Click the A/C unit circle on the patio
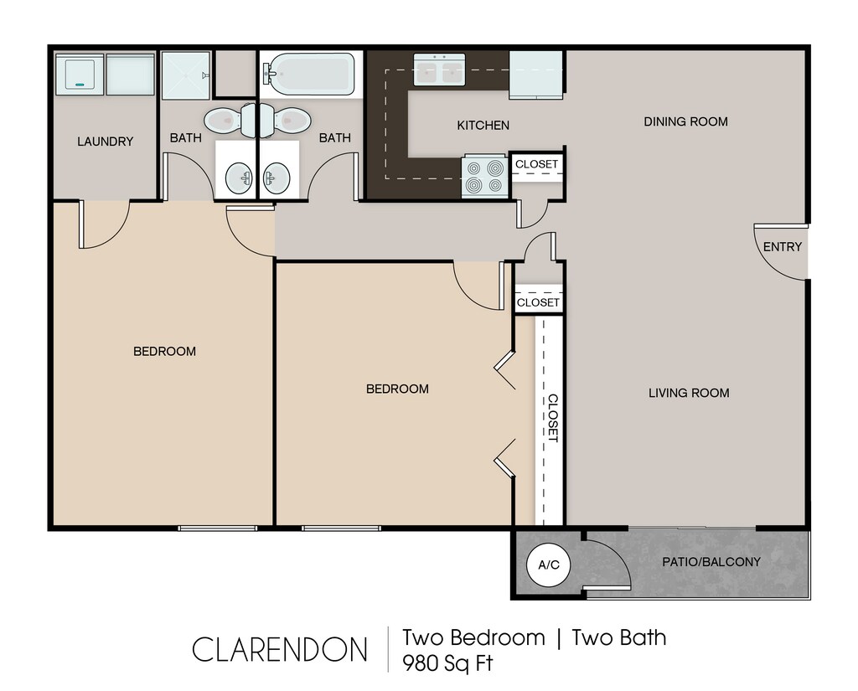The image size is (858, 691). coord(548,565)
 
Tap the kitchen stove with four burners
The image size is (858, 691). coord(483,176)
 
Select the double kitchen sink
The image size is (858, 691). coord(439,70)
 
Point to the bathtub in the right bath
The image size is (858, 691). coord(310,74)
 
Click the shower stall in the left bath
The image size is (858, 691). coord(186,75)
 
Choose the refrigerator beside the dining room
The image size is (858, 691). coord(536,75)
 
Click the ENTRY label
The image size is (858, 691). coord(782,247)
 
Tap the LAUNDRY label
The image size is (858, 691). coord(105,142)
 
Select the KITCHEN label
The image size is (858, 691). coord(483,126)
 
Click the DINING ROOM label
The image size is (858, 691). coord(685,121)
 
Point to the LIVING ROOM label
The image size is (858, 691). coord(689,393)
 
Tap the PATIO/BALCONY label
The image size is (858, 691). coord(711,562)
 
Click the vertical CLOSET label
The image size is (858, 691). coord(553,418)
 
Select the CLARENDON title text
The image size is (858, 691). coord(280,649)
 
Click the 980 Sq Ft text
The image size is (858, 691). coord(447,663)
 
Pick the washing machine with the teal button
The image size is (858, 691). coord(80,74)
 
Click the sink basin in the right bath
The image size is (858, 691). coord(277,178)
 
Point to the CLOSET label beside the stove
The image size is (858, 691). coord(536,164)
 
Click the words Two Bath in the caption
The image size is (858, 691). coord(619,638)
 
